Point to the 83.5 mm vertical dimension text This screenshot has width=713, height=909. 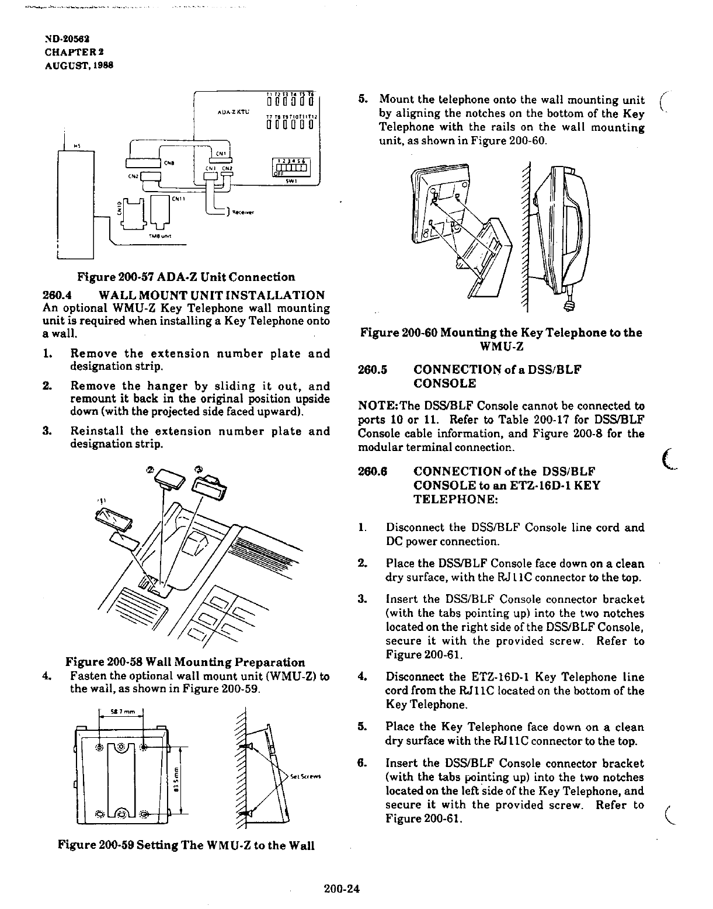(x=176, y=778)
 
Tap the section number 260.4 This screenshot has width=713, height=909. (x=58, y=296)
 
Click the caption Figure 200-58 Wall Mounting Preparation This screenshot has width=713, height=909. (x=185, y=662)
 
